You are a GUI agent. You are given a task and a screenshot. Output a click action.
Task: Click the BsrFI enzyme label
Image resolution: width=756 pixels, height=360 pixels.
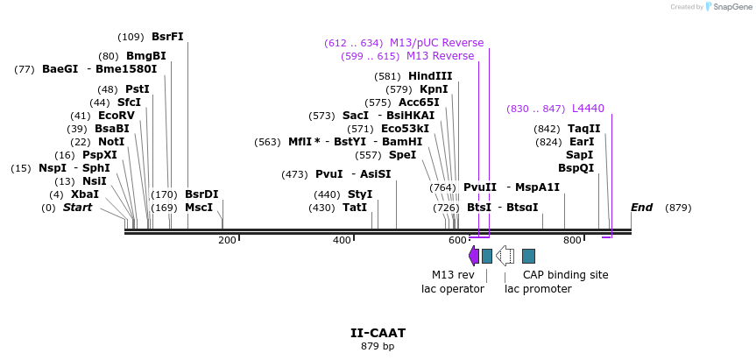(x=167, y=37)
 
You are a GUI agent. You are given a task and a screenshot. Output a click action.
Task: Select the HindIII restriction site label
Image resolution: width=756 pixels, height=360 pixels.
(x=430, y=76)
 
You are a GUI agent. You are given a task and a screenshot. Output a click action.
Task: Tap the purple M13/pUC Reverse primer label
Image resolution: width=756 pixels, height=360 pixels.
(x=436, y=43)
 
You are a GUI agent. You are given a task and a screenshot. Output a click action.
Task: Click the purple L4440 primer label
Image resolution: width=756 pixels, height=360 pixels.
(x=588, y=109)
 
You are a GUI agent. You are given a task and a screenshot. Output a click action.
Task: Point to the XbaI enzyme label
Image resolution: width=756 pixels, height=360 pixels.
(x=85, y=194)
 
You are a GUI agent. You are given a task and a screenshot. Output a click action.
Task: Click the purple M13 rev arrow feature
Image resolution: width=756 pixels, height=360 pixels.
(x=474, y=256)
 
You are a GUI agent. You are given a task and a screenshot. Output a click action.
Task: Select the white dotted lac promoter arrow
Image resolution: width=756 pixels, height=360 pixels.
(x=505, y=256)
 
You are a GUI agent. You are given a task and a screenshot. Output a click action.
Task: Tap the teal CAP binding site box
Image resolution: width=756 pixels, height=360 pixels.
(x=528, y=256)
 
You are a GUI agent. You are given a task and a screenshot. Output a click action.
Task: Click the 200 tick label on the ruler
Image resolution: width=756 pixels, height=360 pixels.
(x=227, y=241)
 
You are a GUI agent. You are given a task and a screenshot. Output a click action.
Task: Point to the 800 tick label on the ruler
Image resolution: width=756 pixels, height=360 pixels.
(x=572, y=241)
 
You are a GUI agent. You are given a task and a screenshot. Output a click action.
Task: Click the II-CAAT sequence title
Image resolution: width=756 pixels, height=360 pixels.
(x=378, y=333)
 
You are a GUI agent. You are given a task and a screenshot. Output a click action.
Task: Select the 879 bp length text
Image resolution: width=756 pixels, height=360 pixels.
(x=378, y=347)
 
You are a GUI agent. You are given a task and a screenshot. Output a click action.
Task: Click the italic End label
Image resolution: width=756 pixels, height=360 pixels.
(x=642, y=208)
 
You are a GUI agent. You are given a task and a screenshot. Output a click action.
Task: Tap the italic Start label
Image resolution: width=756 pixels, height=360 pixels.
(x=78, y=208)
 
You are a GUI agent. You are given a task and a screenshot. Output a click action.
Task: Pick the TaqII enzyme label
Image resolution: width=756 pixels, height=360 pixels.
(x=584, y=129)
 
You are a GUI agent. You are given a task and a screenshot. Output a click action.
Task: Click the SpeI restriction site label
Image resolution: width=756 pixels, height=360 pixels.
(x=403, y=155)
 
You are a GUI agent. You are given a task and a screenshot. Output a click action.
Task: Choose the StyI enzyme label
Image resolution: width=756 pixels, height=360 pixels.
(x=360, y=194)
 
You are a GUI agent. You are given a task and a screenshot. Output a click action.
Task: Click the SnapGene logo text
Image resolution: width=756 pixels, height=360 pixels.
(x=732, y=7)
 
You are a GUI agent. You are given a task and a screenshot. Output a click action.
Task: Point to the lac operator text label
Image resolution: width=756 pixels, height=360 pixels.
(x=453, y=289)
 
